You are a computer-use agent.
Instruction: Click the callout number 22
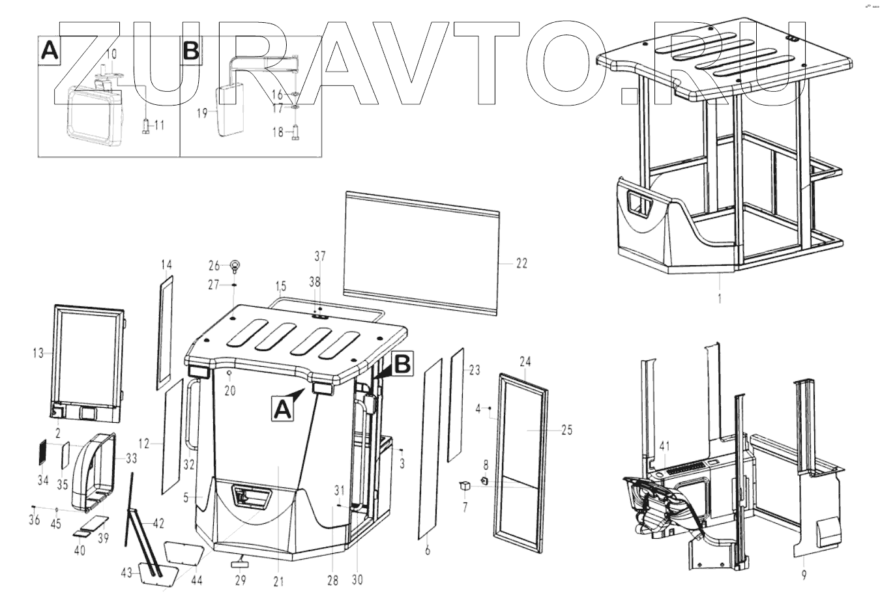[521, 264]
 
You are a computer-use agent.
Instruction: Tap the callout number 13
[38, 354]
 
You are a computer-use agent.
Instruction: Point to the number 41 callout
[664, 446]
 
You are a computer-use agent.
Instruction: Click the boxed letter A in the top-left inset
[50, 51]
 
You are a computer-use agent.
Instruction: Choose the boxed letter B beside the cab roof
[403, 365]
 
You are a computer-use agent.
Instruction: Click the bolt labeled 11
[145, 125]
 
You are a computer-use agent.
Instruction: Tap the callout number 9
[804, 575]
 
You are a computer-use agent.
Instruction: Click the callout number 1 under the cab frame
[720, 299]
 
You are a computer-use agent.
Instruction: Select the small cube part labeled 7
[465, 485]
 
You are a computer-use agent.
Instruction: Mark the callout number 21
[278, 582]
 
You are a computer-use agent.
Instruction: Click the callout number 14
[166, 265]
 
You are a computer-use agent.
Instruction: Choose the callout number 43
[126, 573]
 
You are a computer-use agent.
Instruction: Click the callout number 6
[427, 551]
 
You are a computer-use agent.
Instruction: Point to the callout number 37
[319, 256]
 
